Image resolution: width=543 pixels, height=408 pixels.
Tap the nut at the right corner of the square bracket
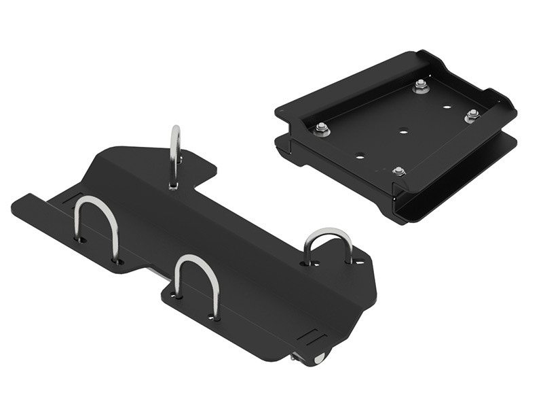[x=472, y=116]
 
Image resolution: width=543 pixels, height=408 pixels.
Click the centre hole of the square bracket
[x=403, y=132]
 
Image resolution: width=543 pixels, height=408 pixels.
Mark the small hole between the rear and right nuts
[x=447, y=107]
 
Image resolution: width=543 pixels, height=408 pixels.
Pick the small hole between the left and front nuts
[x=360, y=156]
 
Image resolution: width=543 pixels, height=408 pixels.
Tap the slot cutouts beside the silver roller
[x=314, y=335]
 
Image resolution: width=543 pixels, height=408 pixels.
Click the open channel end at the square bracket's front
[x=407, y=207]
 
